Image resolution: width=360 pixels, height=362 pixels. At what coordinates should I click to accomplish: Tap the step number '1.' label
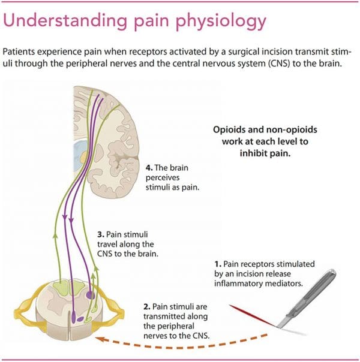click(x=218, y=264)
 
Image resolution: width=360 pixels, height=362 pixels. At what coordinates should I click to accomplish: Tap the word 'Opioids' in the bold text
click(x=230, y=129)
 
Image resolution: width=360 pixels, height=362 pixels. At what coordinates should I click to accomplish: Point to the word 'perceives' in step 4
click(x=163, y=177)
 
